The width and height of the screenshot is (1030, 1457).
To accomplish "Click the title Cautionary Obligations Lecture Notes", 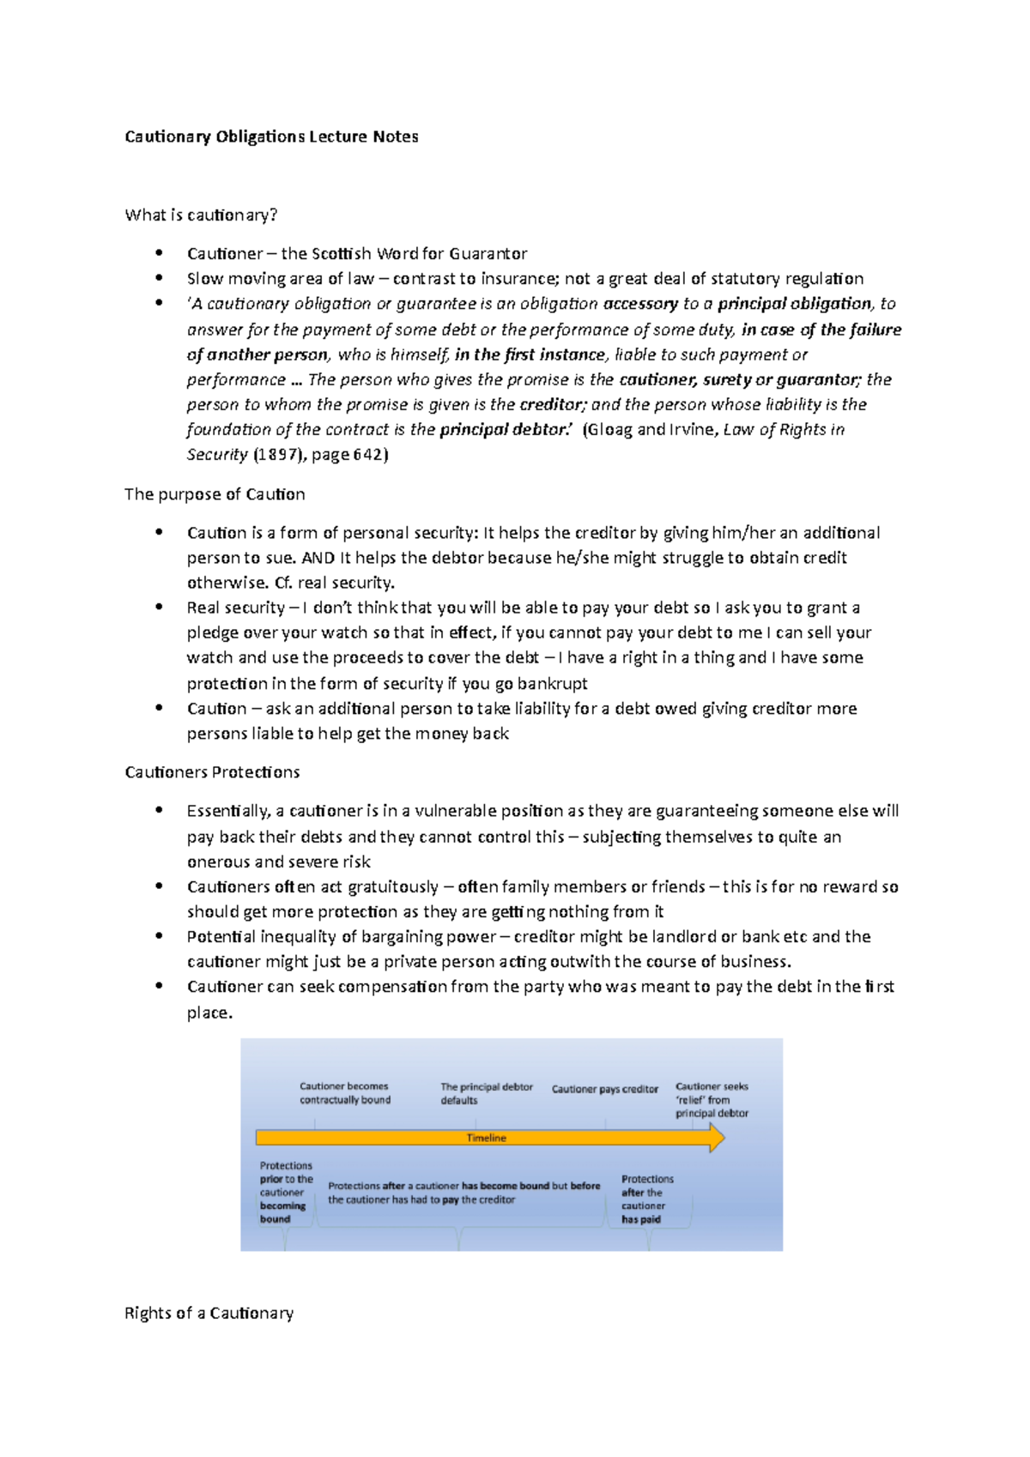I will (x=271, y=136).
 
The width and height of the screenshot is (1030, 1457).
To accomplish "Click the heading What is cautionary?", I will (x=201, y=215).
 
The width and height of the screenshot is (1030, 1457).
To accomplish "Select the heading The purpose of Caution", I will (x=215, y=494).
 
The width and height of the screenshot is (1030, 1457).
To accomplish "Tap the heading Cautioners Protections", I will (x=212, y=772).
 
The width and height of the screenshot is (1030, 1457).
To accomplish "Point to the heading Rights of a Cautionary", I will (x=209, y=1313).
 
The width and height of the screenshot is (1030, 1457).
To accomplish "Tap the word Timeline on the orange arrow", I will (x=487, y=1138).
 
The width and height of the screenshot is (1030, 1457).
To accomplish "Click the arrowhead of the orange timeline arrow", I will (x=717, y=1139).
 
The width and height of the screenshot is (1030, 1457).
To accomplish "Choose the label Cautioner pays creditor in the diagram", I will (x=604, y=1089).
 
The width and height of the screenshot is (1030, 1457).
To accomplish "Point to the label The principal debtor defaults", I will (x=486, y=1093).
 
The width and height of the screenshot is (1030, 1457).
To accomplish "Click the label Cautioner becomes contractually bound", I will (x=344, y=1092).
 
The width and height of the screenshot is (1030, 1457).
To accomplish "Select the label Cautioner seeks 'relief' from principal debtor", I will (x=712, y=1099).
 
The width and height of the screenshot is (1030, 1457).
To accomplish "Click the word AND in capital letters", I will (x=318, y=558).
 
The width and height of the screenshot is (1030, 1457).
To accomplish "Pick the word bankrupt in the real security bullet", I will (x=552, y=683).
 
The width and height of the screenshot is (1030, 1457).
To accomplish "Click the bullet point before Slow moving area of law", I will (x=159, y=277).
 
